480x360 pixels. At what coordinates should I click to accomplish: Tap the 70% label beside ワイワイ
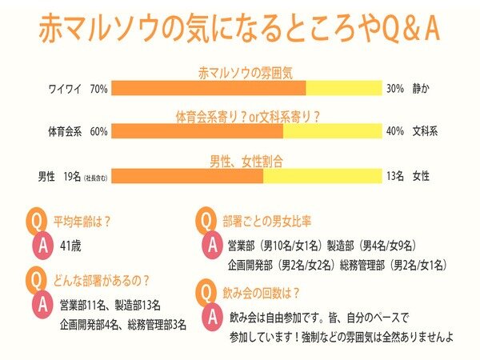tap(99, 88)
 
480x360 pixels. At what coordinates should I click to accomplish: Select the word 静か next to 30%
tap(422, 88)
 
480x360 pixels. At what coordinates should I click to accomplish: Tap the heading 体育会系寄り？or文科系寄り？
tap(248, 116)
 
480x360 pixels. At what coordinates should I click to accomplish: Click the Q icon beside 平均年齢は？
tap(35, 220)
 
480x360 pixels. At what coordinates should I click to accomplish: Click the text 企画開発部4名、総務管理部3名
tap(123, 326)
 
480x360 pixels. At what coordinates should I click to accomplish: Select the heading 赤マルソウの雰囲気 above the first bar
tap(249, 72)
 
